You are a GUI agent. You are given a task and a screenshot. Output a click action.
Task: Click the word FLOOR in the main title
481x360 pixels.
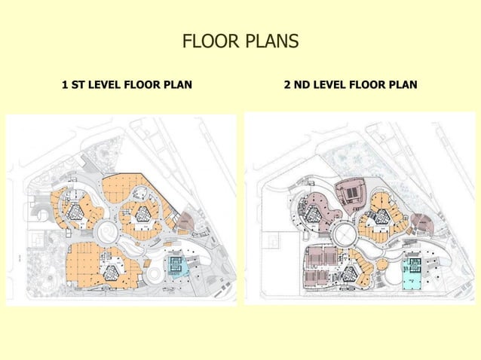pos(206,41)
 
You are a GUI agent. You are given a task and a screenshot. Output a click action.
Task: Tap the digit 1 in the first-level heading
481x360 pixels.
pos(64,84)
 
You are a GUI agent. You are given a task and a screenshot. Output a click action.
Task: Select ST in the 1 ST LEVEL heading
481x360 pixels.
pos(78,84)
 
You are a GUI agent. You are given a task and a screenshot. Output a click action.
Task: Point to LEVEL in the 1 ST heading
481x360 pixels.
pos(105,84)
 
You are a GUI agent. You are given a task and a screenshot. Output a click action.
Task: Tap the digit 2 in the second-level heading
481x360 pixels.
pos(287,84)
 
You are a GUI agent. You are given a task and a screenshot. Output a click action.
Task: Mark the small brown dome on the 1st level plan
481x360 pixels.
pos(186,220)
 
